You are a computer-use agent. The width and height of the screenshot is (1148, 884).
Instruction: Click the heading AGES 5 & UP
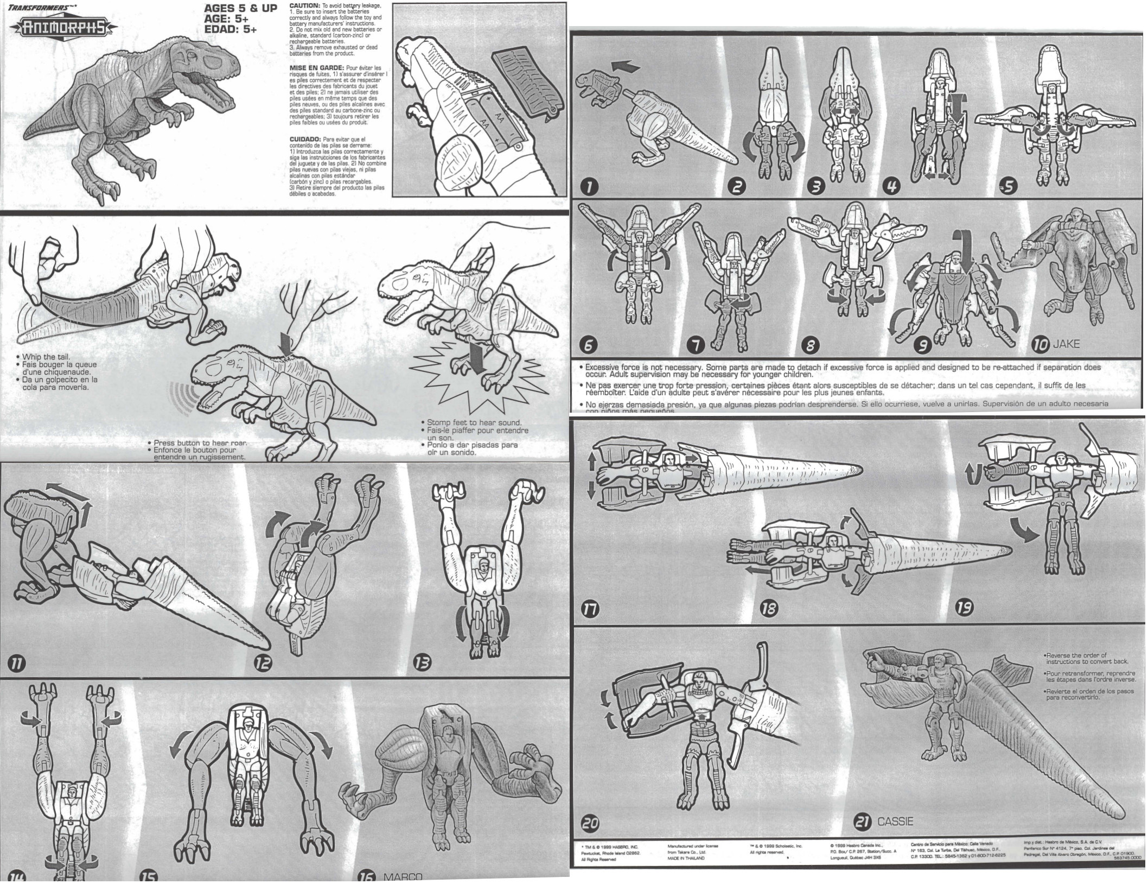(x=240, y=9)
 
